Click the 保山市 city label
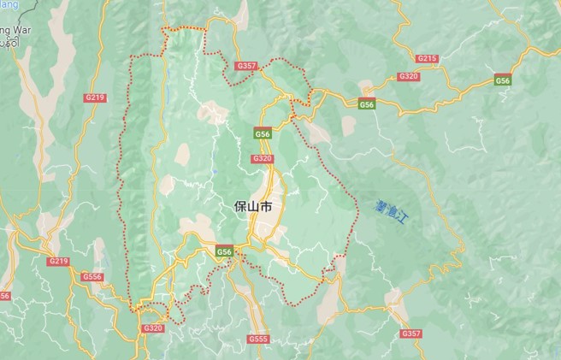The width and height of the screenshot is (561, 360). pos(254,207)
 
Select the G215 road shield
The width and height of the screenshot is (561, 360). pos(427,58)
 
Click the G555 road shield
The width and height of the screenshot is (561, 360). pos(258,339)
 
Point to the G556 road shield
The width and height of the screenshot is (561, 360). pos(92,277)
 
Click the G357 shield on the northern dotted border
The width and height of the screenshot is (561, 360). pos(246,66)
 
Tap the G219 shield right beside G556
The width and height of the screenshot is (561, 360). pos(58,261)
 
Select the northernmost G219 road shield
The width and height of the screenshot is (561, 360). pos(95,97)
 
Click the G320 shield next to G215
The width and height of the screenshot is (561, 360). pos(409,76)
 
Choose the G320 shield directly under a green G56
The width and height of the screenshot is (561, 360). pos(262,158)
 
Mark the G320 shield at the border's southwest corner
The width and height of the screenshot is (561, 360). pos(152,328)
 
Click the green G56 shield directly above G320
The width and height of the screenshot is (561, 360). pos(263,134)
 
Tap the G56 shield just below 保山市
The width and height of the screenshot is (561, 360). pos(224,251)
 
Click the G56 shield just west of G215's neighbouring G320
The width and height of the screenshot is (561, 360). pos(367,104)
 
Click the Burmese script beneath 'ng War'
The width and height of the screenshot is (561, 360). pos(9,39)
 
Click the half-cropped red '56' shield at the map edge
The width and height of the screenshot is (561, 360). pos(4,296)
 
